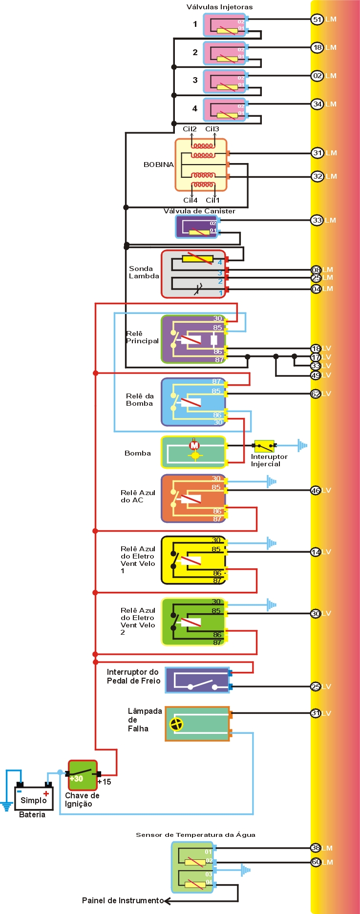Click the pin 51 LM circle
[x=317, y=20]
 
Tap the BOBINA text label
[x=158, y=165]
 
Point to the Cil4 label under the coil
[x=190, y=200]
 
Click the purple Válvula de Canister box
[x=196, y=227]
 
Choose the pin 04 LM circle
[x=316, y=289]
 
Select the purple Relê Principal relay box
[x=193, y=339]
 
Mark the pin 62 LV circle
[x=316, y=394]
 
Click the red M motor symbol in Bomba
[x=194, y=445]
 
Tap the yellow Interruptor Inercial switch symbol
[x=264, y=446]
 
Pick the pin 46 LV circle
[x=316, y=490]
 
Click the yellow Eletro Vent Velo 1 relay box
[x=193, y=560]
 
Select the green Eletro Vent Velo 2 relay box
[x=193, y=622]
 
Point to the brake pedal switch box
[x=197, y=680]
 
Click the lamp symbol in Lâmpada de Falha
[x=176, y=724]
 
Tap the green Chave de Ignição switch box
[x=82, y=775]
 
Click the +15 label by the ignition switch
[x=104, y=782]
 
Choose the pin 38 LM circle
[x=316, y=848]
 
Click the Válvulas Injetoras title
[x=219, y=7]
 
